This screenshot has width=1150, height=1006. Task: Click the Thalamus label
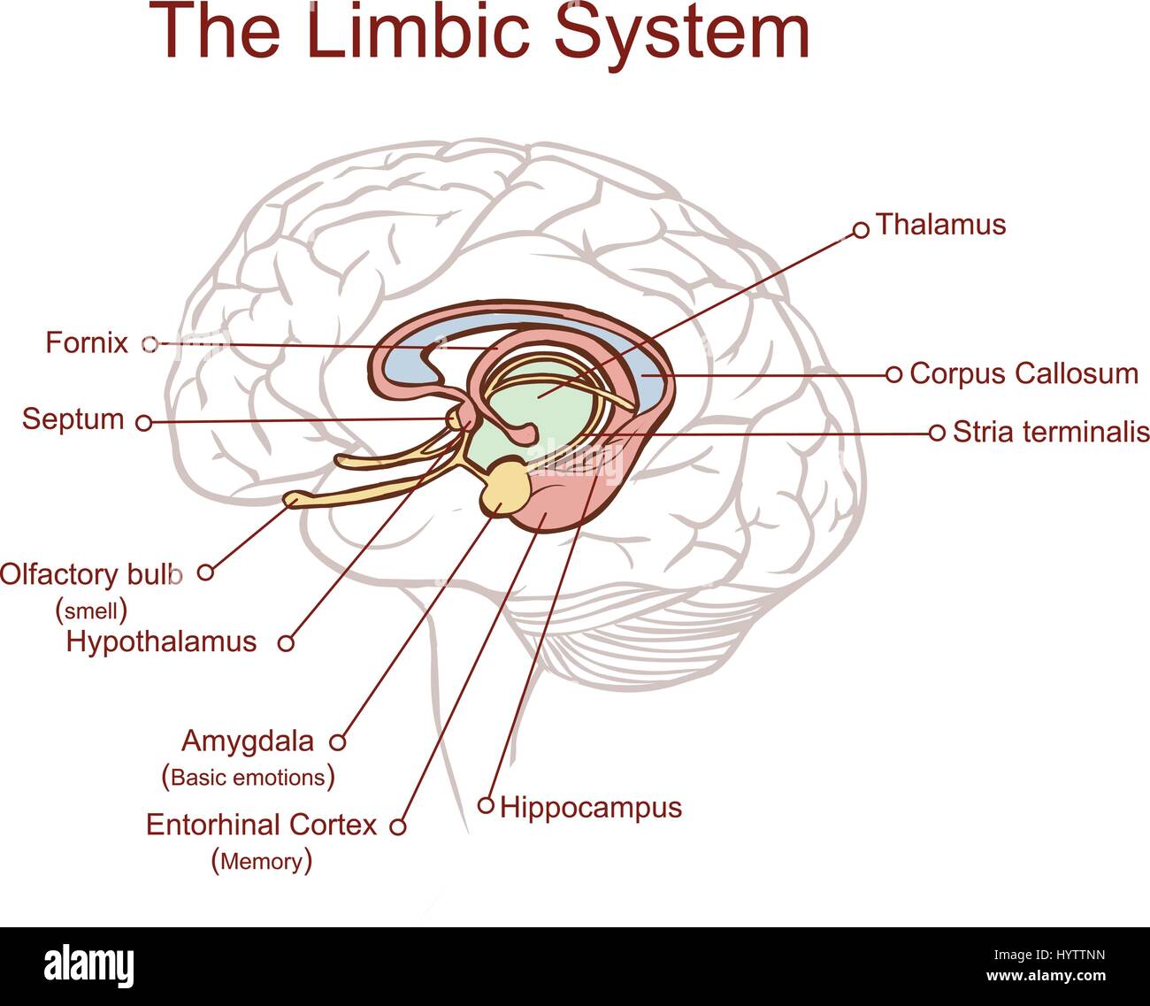940,225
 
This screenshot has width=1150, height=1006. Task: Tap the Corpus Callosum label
1023,373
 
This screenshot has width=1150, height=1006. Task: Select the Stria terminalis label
1050,432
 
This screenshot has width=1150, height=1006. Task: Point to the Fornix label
87,342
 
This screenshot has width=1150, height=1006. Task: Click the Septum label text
73,419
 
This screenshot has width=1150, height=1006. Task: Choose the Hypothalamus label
161,641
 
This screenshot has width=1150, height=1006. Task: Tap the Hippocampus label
591,807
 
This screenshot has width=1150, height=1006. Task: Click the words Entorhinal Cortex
261,825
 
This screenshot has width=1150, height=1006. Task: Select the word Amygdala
248,741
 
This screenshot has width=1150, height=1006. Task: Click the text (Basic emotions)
249,778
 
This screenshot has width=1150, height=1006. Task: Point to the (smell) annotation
92,610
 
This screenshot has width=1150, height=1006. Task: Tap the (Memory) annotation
262,861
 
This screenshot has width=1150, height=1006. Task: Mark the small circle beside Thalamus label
860,230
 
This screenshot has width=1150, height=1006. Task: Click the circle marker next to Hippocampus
486,805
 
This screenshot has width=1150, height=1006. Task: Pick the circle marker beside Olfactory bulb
205,572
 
